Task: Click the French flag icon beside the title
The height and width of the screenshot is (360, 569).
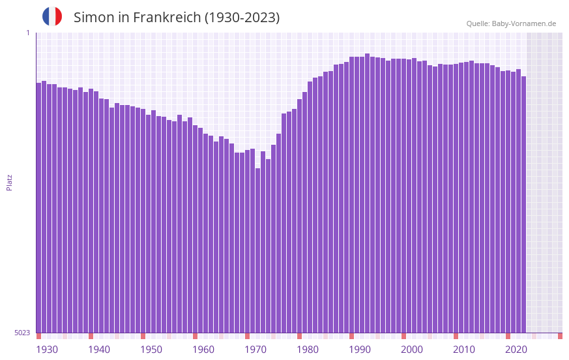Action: point(52,17)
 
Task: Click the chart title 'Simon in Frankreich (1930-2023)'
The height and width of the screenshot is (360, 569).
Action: point(177,18)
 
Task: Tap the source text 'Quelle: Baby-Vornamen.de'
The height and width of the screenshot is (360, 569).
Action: point(511,23)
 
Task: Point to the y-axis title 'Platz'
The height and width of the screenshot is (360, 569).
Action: point(9,182)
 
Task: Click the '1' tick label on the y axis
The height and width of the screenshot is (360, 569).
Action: point(27,33)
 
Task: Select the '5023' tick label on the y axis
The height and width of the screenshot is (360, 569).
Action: point(22,333)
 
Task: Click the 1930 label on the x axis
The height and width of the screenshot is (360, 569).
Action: point(47,350)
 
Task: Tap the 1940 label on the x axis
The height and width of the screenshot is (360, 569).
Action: point(99,350)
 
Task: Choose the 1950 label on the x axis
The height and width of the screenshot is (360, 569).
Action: point(151,350)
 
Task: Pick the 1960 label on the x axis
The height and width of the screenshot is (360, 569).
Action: point(203,350)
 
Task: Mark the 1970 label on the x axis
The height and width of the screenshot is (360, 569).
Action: point(255,350)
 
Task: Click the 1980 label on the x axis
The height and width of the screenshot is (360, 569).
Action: point(308,350)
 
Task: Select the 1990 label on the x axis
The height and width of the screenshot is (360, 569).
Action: point(360,350)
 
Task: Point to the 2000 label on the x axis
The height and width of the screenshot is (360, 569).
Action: point(412,350)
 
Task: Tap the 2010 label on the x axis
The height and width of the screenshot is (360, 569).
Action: point(464,350)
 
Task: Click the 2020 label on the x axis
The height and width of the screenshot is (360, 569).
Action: point(516,350)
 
